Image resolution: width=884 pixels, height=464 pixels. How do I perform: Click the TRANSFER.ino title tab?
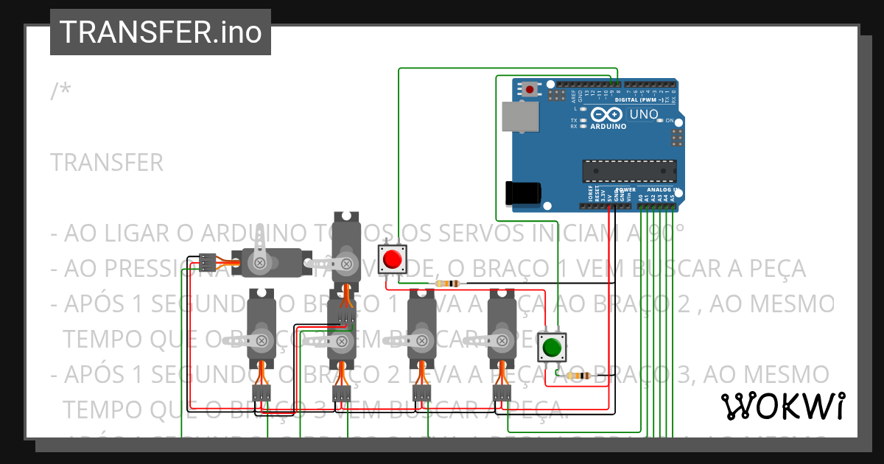[161, 32]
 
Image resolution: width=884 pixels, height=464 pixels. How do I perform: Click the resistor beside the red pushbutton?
[447, 284]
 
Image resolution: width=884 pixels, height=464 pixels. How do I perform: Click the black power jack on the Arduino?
[523, 192]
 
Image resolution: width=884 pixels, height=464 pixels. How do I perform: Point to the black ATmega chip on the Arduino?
[629, 170]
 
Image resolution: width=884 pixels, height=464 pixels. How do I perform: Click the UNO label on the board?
[643, 115]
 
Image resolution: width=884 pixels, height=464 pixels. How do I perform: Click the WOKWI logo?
[783, 406]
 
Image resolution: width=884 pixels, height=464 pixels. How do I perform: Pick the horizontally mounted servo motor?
[273, 262]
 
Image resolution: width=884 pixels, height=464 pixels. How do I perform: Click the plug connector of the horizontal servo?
[207, 261]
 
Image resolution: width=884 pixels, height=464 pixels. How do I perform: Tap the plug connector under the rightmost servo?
[502, 394]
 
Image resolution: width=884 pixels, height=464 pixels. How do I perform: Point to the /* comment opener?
[61, 91]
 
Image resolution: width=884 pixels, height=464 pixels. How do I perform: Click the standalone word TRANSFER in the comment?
[108, 163]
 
